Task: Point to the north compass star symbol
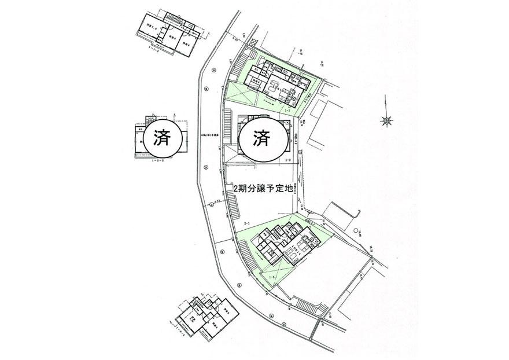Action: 386,120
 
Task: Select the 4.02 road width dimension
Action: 235,39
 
